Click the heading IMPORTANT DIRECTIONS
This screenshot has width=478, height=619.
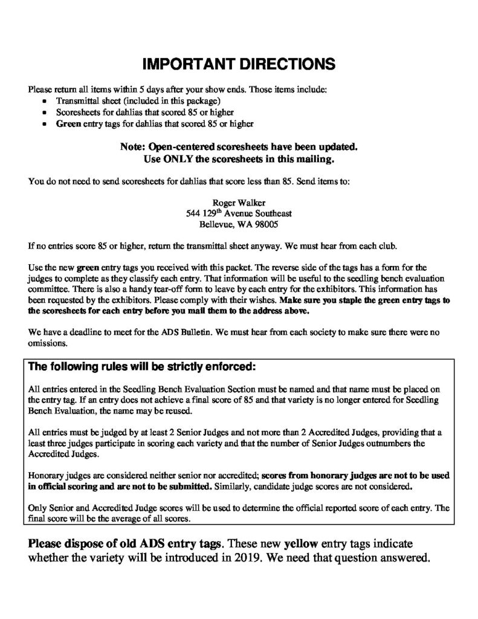click(239, 63)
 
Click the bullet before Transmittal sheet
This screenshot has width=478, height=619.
click(47, 101)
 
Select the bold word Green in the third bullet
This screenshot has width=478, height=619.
click(68, 124)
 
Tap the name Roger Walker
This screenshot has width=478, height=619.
click(239, 203)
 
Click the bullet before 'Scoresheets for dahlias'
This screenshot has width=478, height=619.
click(47, 112)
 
